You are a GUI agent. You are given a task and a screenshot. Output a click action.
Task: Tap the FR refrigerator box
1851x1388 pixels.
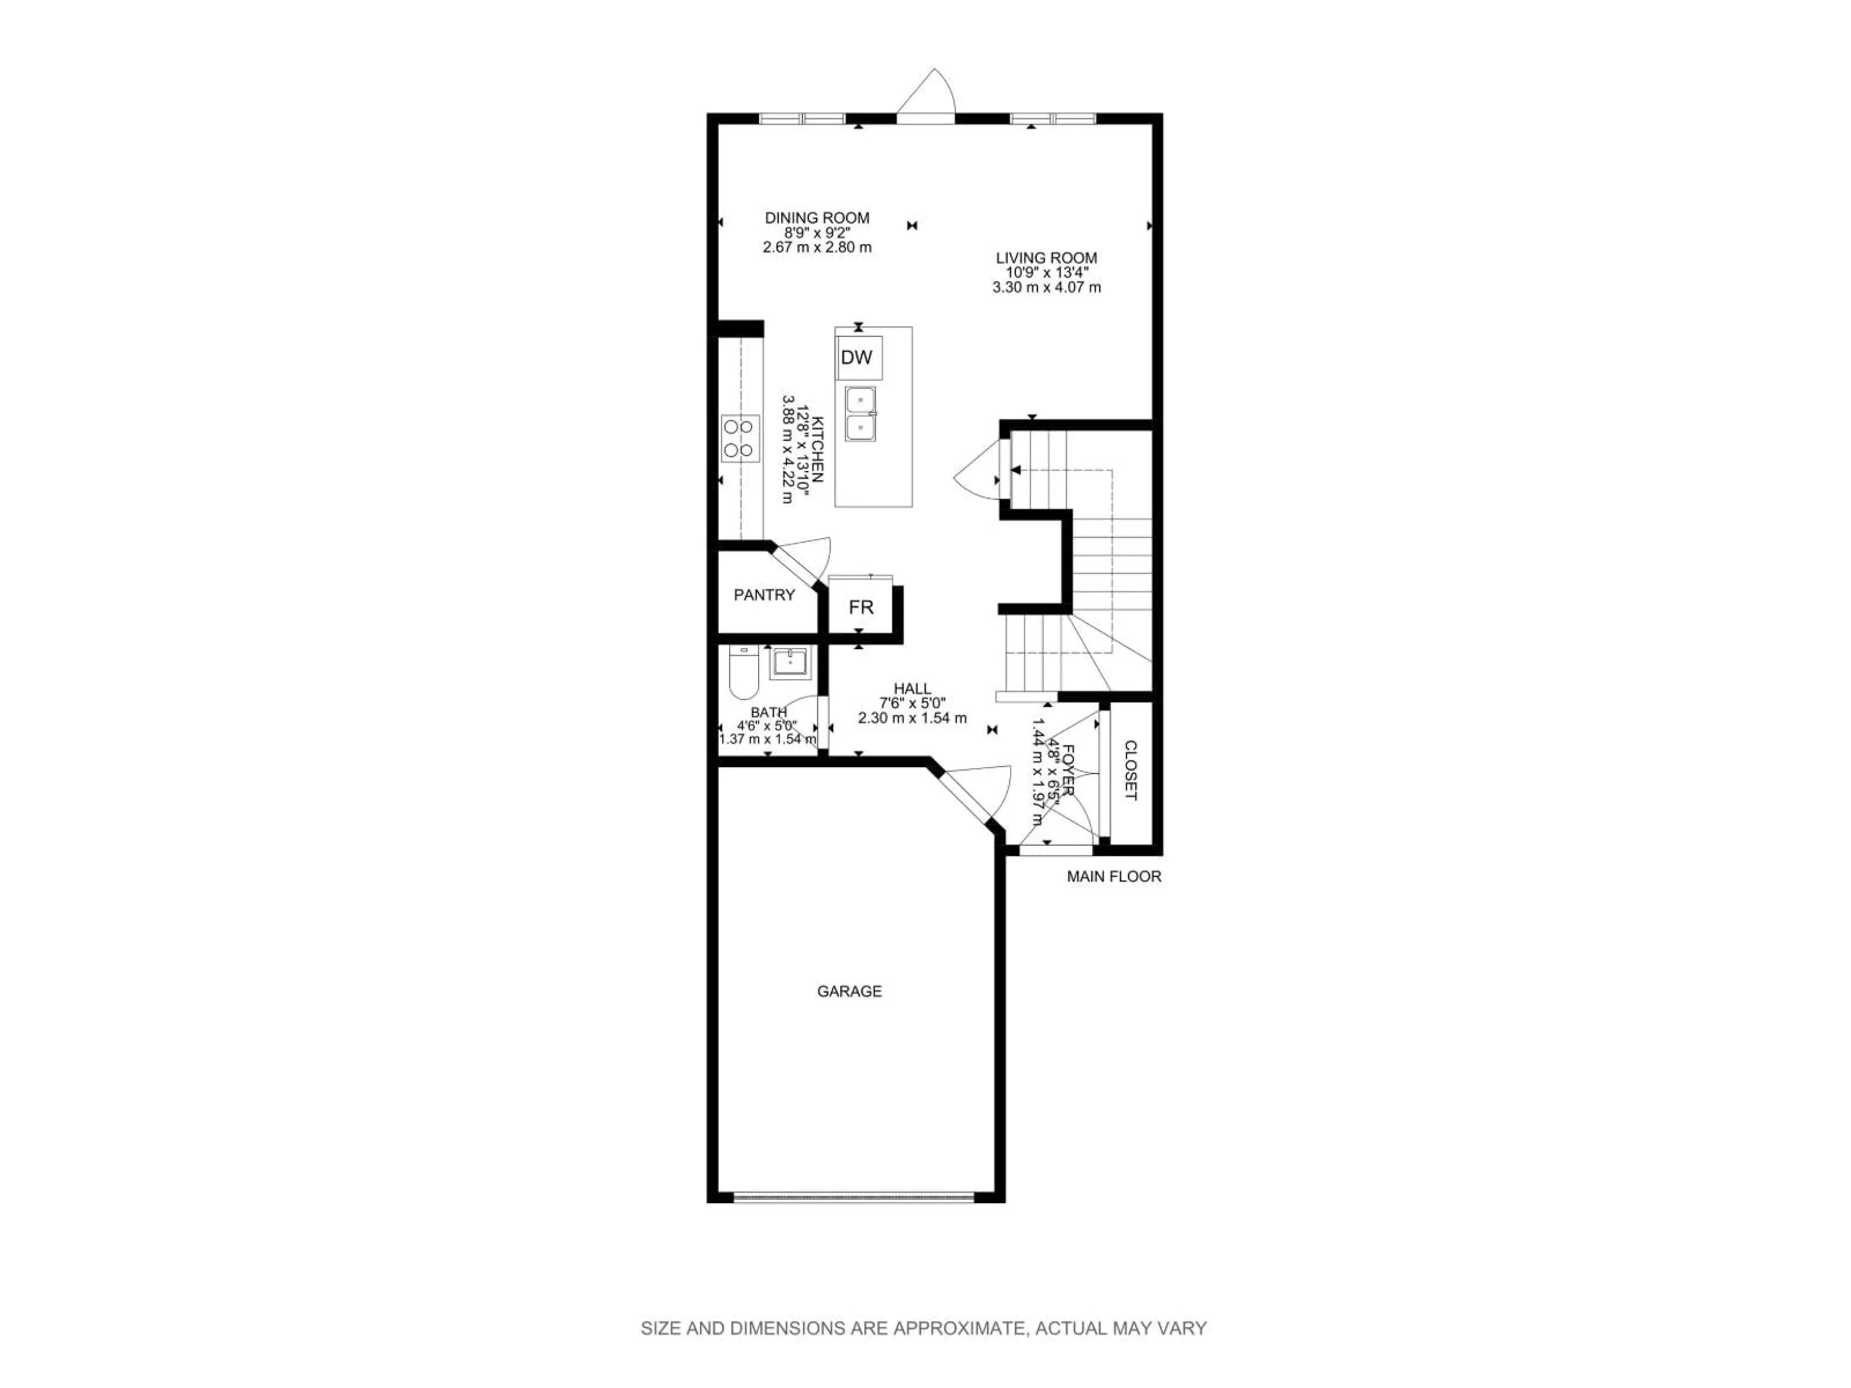[x=860, y=607]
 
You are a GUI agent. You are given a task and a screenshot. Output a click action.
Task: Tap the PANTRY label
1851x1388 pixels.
[x=764, y=595]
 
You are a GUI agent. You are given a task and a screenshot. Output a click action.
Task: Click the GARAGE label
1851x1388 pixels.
[x=849, y=991]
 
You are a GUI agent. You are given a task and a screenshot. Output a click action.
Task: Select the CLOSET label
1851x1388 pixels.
[x=1130, y=771]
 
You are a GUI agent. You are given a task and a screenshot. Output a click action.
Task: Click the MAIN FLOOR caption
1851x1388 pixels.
[x=1114, y=877]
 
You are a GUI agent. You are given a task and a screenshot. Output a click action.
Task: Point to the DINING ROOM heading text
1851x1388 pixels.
[x=817, y=218]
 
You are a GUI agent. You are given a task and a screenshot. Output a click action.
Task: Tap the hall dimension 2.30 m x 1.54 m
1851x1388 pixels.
[x=912, y=718]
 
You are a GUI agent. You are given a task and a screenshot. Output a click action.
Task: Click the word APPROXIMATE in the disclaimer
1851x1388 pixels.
[x=959, y=1328]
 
